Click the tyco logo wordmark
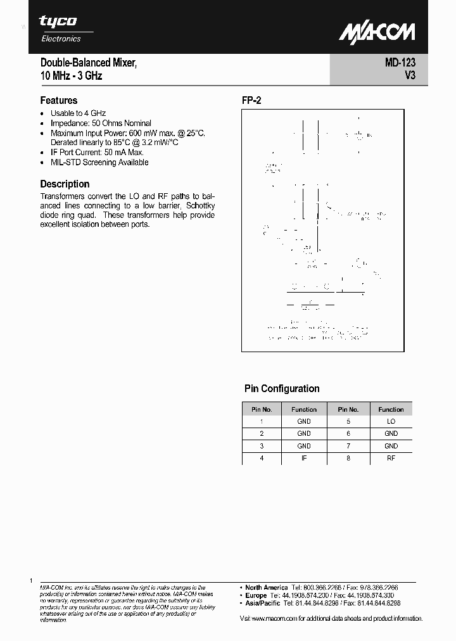coord(58,22)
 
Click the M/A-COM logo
coord(376,33)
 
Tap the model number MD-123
coord(400,63)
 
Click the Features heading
coord(58,100)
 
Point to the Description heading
coord(65,184)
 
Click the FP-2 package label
coord(251,101)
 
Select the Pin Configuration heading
coord(282,388)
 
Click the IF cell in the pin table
coord(304,457)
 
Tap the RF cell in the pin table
coord(391,457)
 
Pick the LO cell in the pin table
coord(391,421)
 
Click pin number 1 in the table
coord(262,421)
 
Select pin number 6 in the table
coord(348,433)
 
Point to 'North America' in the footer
coord(267,588)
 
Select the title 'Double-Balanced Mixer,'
coord(88,63)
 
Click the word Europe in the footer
coord(256,595)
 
